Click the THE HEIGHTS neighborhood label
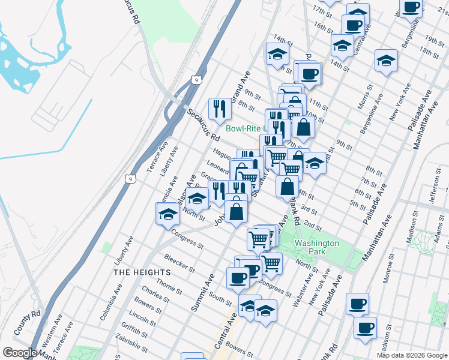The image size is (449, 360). click(x=142, y=272)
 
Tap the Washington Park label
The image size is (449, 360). click(x=316, y=247)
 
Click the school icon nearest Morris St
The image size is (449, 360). click(x=386, y=60)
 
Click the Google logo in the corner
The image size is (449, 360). click(x=20, y=353)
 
